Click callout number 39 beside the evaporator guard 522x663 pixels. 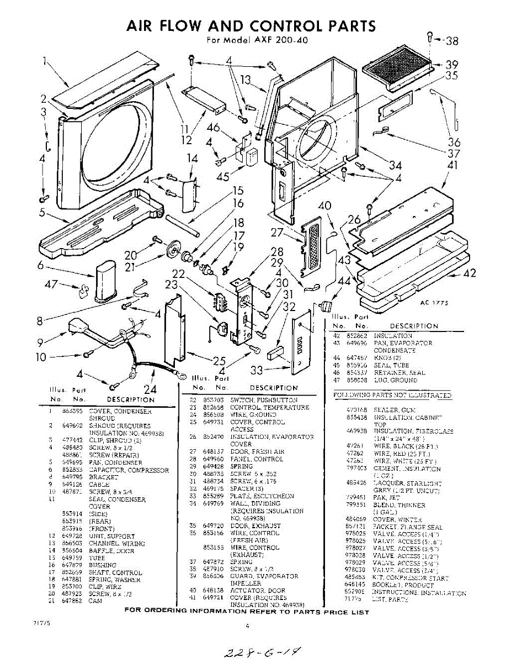[x=452, y=64]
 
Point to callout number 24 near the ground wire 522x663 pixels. [x=150, y=387]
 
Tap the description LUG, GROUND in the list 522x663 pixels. [x=392, y=380]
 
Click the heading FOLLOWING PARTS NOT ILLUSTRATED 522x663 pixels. [x=392, y=395]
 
